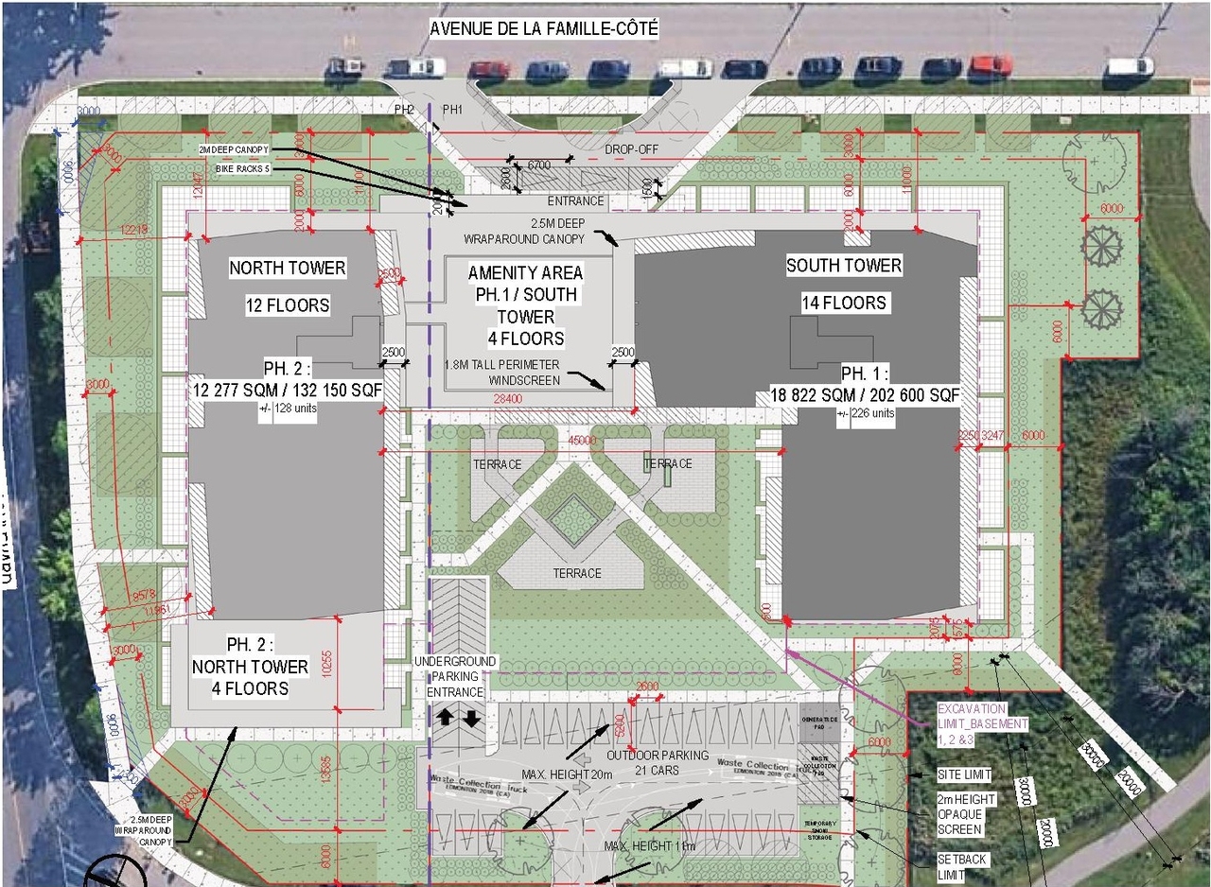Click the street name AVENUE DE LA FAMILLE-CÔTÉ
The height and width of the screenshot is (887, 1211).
pyautogui.click(x=544, y=29)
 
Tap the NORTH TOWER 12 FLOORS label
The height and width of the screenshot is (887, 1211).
pyautogui.click(x=287, y=287)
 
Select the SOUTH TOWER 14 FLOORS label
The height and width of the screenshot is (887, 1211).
pyautogui.click(x=844, y=284)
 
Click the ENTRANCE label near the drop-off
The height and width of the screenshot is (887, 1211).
pyautogui.click(x=575, y=200)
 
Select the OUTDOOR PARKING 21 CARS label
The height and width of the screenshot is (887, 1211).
pyautogui.click(x=658, y=762)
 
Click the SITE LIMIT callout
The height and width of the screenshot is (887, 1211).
pyautogui.click(x=964, y=775)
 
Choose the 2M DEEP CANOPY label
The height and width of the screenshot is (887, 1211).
pyautogui.click(x=235, y=149)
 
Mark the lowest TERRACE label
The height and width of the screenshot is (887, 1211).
pyautogui.click(x=577, y=573)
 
